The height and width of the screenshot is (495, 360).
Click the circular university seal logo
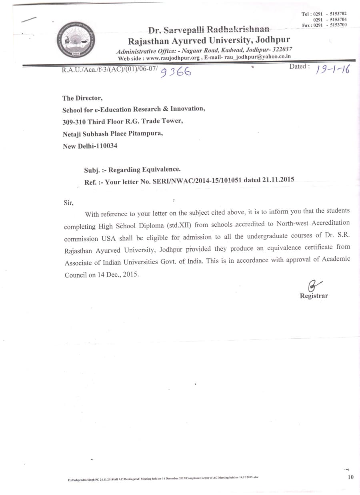[x=76, y=40]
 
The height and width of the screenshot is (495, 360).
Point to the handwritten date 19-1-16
[x=332, y=70]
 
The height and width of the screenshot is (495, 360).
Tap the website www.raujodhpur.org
[x=170, y=58]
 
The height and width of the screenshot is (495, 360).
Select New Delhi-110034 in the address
[x=90, y=146]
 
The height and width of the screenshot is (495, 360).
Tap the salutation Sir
[x=69, y=202]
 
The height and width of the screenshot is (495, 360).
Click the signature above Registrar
[x=314, y=285]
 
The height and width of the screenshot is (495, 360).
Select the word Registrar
[x=314, y=296]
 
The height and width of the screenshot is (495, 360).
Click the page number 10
[x=351, y=477]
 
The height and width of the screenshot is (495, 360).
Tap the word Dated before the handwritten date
[x=299, y=67]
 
